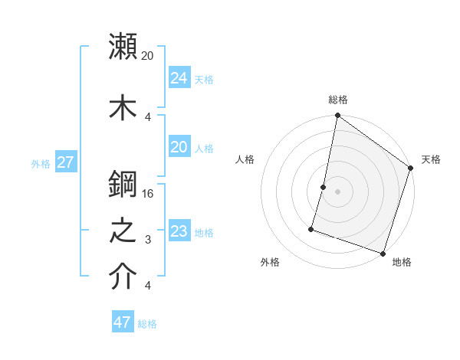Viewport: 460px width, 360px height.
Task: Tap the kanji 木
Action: coord(123,107)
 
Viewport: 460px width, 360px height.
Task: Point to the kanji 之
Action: coord(123,232)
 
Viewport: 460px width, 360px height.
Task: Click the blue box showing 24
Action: coord(179,77)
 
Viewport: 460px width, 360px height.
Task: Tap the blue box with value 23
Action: coord(179,231)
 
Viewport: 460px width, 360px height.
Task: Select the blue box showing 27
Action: coord(66,162)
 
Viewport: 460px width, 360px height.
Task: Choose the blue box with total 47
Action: coord(123,322)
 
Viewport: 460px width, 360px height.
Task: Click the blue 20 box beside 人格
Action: coord(179,146)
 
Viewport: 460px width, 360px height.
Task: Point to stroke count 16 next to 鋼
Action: coord(149,193)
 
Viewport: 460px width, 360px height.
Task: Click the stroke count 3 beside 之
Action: coord(148,240)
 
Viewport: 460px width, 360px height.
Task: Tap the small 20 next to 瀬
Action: coord(148,55)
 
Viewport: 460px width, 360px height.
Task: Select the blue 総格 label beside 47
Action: coord(147,324)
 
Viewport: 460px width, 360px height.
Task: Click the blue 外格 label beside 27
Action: coord(41,163)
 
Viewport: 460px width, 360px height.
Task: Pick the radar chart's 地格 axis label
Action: coord(402,262)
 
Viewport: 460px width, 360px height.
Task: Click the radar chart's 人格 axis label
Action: coord(245,159)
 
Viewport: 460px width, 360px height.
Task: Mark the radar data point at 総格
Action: coord(337,116)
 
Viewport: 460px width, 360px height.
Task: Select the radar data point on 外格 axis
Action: coord(311,229)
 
